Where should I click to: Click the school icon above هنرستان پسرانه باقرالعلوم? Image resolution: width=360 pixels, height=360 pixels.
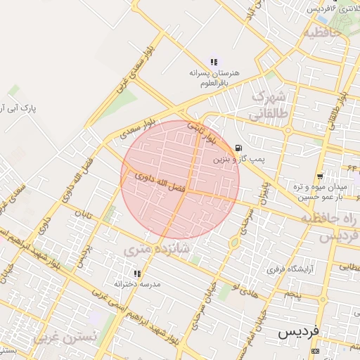point(214,62)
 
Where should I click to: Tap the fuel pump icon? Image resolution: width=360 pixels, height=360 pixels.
point(240,148)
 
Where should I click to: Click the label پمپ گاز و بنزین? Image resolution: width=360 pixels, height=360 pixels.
point(240,160)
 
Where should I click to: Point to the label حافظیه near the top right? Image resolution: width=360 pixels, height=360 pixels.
point(321,32)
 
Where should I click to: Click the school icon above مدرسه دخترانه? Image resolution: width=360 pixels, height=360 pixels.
point(137,273)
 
